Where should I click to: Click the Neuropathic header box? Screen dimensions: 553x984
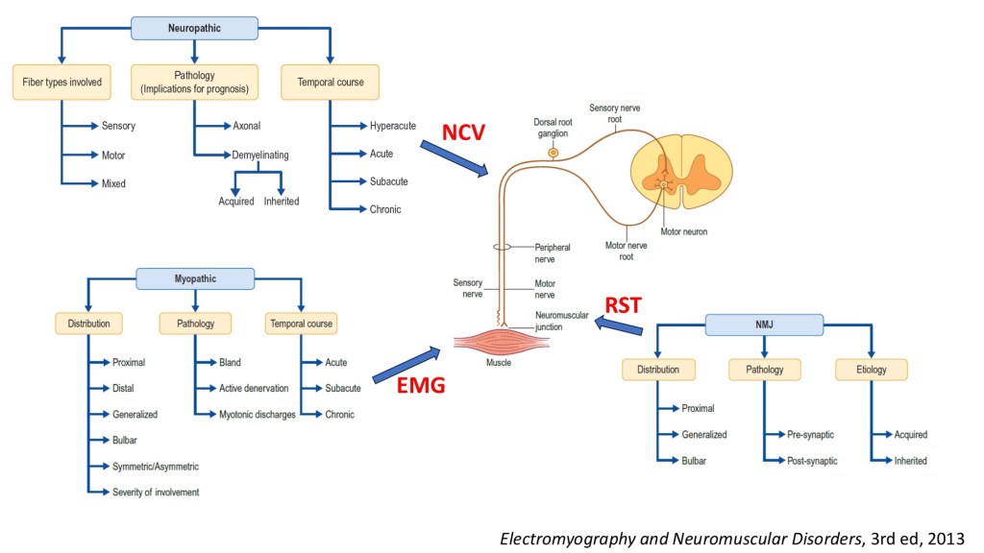[196, 29]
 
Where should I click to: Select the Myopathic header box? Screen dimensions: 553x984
[195, 279]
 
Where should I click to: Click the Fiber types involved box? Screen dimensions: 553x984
[61, 83]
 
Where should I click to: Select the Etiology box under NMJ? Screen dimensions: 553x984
[872, 369]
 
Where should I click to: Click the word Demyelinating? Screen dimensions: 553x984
[260, 154]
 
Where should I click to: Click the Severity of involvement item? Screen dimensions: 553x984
[156, 493]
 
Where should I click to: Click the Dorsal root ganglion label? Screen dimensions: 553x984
[553, 128]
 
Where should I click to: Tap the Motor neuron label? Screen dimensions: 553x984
[684, 231]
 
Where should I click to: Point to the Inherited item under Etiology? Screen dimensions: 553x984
[910, 461]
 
